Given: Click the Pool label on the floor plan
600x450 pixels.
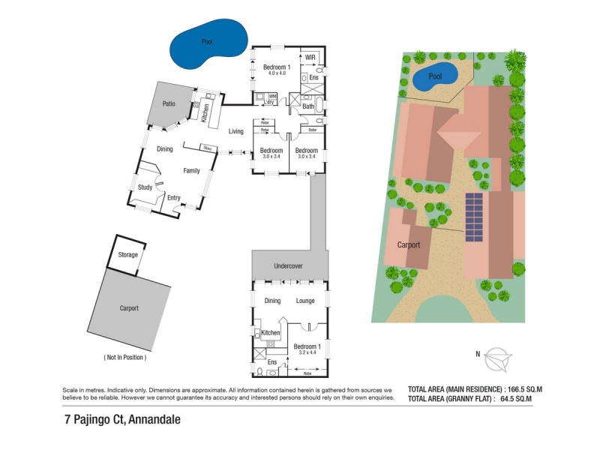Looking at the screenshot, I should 207,43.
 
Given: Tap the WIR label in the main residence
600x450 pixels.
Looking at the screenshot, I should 310,57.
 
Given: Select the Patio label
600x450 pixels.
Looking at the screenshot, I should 169,103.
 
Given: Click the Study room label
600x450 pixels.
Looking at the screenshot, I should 145,189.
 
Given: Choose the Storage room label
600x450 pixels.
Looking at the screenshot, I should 128,255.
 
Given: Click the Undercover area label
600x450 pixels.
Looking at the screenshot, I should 289,265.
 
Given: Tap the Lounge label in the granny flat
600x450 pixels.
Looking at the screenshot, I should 305,301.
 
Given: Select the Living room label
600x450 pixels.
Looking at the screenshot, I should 236,132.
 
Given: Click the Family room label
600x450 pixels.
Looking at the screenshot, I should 192,171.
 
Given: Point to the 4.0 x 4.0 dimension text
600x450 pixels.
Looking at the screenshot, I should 274,73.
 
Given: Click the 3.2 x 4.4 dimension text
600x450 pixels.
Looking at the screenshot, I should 307,353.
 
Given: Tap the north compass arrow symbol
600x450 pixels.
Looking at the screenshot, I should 496,358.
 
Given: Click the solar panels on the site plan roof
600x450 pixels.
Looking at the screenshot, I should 475,217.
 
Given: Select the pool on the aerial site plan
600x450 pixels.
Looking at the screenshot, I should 435,76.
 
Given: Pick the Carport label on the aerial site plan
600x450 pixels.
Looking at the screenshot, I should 409,244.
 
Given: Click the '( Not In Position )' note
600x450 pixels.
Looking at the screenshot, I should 124,357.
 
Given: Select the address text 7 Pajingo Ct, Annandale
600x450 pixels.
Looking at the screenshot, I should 122,421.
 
